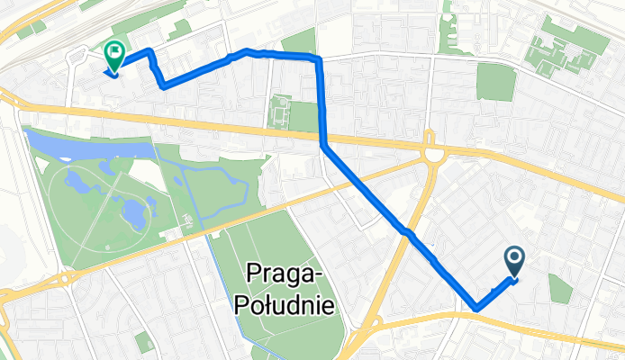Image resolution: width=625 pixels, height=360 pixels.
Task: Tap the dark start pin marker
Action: tap(515, 261)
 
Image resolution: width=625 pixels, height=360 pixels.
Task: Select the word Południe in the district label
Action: tap(284, 304)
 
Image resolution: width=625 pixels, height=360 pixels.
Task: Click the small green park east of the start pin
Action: tap(559, 288)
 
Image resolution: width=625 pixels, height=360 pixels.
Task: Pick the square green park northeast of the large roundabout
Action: tap(494, 82)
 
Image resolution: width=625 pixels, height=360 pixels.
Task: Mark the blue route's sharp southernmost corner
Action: tap(476, 310)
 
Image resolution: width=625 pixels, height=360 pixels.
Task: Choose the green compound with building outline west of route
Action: tap(282, 112)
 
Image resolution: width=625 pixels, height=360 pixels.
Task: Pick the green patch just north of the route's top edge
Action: tap(300, 41)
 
